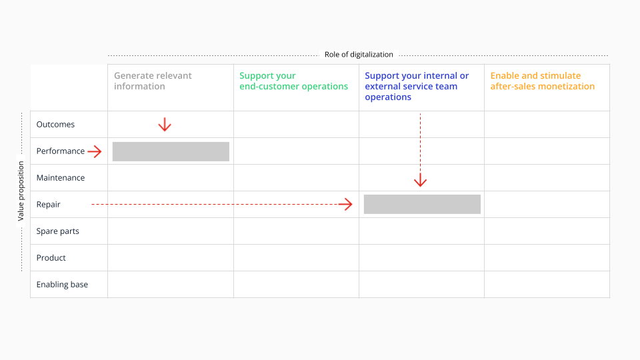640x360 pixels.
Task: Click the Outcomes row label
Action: tap(55, 125)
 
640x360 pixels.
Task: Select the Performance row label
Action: tap(61, 151)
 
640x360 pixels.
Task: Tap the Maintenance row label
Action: tap(61, 177)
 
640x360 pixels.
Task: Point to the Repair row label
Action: tap(48, 205)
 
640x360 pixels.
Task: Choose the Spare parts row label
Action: tap(57, 231)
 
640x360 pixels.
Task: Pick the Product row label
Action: tap(51, 257)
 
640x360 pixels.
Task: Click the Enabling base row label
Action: tap(62, 285)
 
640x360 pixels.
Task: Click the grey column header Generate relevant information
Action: tap(153, 81)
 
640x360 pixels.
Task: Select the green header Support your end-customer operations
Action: tap(293, 81)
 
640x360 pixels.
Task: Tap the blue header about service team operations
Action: tap(417, 86)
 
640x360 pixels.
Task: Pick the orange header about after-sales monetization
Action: tap(543, 81)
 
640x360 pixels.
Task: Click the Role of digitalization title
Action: tap(359, 55)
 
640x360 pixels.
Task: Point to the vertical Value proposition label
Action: tap(21, 191)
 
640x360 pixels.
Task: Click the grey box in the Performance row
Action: tap(171, 151)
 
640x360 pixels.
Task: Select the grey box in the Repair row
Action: tap(422, 204)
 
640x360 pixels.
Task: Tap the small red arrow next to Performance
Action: tap(95, 151)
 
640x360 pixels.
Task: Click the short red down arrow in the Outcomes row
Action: tap(165, 125)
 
